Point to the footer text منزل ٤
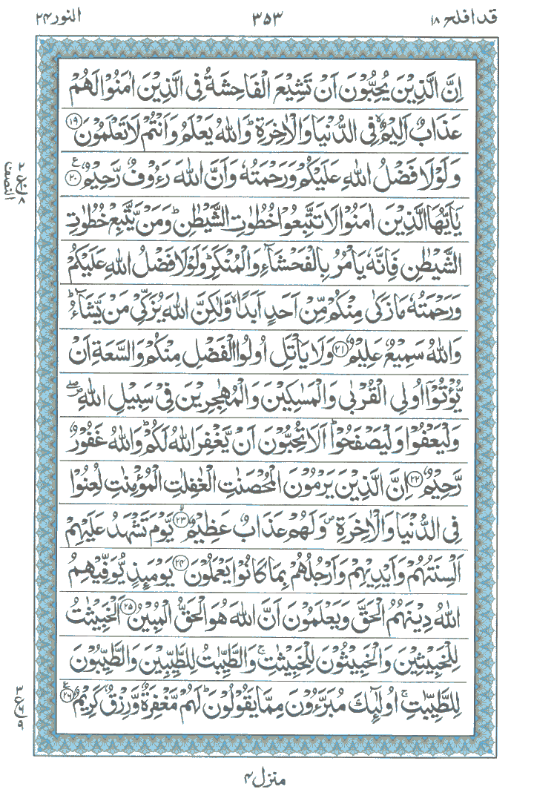point(267,779)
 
